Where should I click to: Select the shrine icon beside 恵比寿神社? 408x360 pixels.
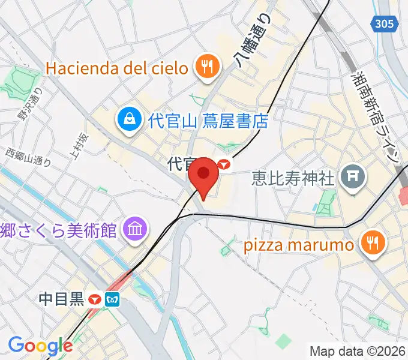[x=350, y=177]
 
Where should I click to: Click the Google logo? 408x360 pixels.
[x=40, y=346]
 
